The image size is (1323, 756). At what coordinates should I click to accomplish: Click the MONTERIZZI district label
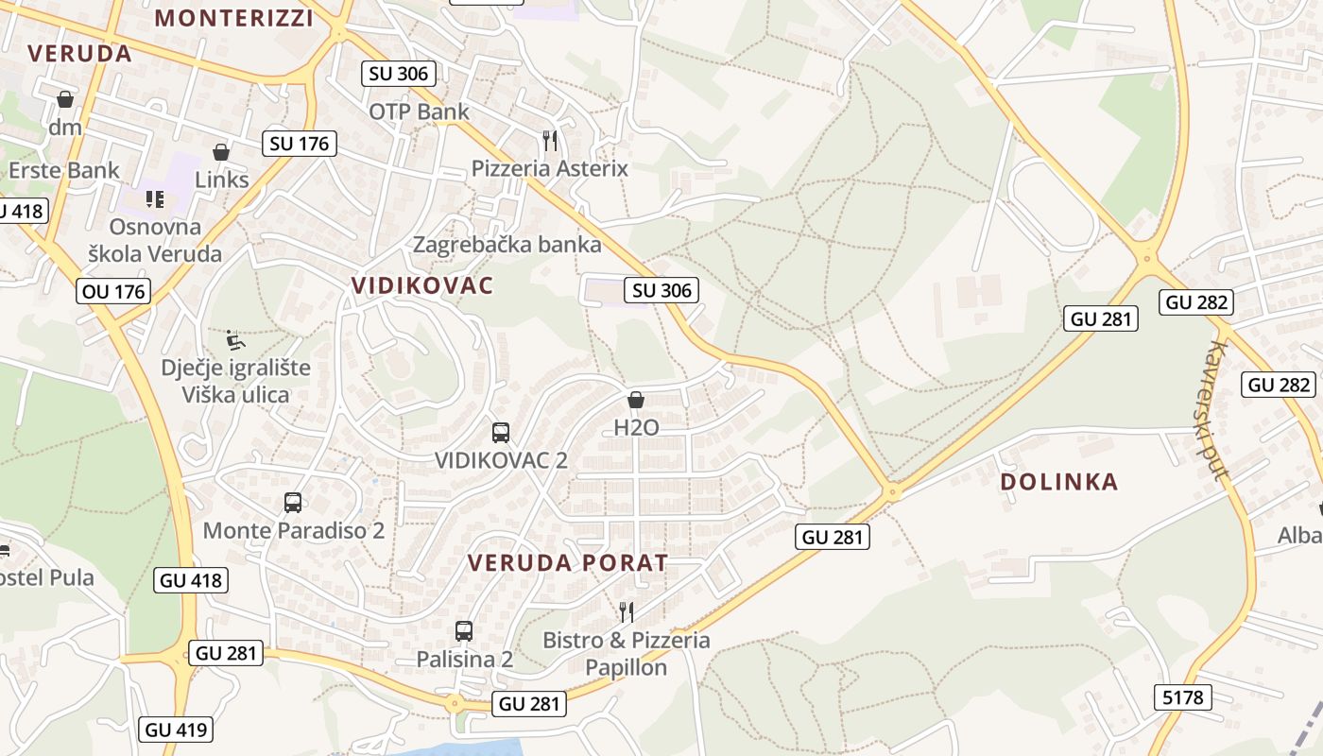click(233, 17)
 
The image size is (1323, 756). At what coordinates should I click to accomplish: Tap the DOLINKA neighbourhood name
click(1059, 482)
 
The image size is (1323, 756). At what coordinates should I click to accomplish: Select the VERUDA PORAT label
click(568, 563)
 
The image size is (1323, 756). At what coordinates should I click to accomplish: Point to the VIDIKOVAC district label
click(422, 285)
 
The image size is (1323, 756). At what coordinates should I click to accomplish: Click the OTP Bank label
click(419, 112)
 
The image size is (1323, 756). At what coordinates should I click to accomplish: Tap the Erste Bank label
click(64, 170)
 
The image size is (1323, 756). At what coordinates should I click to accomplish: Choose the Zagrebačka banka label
click(507, 245)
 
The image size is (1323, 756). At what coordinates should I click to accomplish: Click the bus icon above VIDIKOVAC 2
click(501, 433)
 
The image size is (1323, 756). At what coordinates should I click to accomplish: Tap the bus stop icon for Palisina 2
click(463, 631)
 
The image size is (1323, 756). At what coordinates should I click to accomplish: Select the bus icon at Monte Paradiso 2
click(293, 503)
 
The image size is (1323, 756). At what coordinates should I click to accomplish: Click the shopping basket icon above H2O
click(636, 400)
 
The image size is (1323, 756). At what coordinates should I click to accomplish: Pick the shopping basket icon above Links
click(221, 152)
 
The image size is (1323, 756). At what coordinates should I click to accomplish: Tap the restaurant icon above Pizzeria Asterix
click(550, 141)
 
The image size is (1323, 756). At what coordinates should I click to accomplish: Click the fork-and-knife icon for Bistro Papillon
click(626, 612)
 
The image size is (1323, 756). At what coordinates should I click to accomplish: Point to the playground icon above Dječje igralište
click(235, 340)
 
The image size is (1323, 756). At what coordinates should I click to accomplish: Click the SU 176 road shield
click(300, 144)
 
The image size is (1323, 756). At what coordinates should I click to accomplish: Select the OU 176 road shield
click(114, 291)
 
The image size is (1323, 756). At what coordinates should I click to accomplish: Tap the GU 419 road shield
click(176, 730)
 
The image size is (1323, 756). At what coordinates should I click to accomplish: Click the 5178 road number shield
click(1182, 698)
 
